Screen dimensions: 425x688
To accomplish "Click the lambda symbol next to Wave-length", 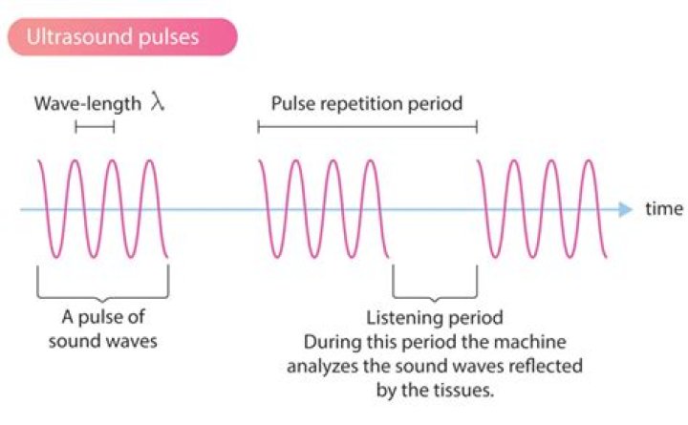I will tap(159, 102).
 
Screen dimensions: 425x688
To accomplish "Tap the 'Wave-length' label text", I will tap(87, 103).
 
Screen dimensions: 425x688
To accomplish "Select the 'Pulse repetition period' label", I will tap(366, 103).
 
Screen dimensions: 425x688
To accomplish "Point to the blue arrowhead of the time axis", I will tap(625, 209).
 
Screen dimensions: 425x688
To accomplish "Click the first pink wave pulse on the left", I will tap(103, 209).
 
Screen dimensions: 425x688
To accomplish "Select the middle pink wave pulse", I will tap(323, 209).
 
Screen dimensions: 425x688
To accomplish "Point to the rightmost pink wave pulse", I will tap(542, 209).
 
